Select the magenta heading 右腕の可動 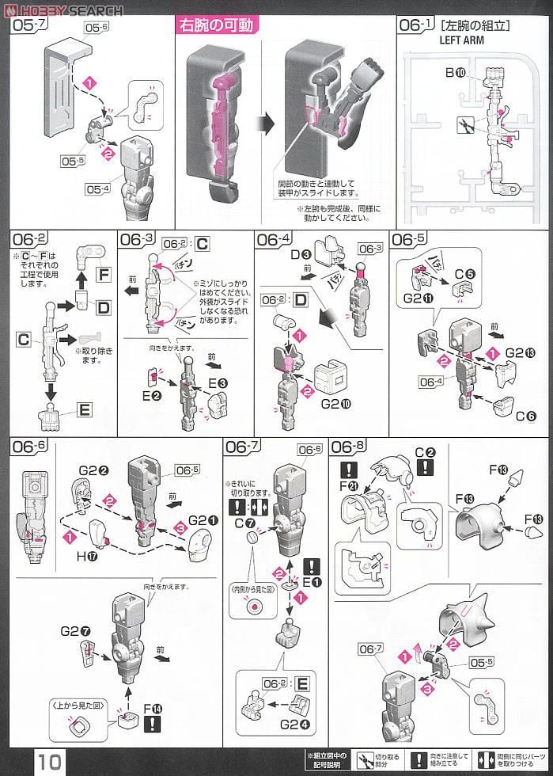click(x=216, y=27)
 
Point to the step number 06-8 click(x=349, y=447)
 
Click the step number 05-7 click(x=27, y=26)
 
